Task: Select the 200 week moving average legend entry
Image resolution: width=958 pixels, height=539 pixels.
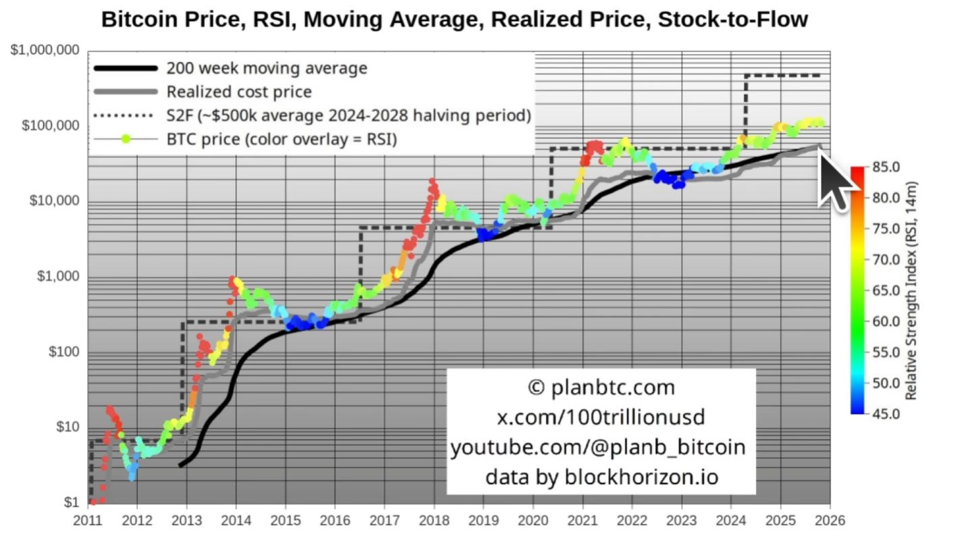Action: pos(266,68)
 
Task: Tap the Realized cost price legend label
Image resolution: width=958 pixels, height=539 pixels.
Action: pos(238,92)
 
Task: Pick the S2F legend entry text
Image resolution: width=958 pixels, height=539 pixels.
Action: pos(348,115)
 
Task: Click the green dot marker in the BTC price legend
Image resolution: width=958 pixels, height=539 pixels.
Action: pos(126,139)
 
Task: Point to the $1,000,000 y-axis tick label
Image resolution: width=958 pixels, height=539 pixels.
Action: pos(45,51)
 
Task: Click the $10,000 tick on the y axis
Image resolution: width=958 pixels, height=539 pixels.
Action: pos(55,201)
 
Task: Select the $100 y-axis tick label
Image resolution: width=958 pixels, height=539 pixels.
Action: pos(64,352)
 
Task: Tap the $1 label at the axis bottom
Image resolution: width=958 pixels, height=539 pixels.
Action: pos(72,503)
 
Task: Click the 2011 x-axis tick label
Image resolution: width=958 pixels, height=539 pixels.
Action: pos(88,521)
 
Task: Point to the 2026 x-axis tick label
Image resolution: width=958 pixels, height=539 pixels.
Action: pos(830,521)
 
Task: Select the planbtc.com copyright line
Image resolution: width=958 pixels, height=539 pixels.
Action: pos(601,388)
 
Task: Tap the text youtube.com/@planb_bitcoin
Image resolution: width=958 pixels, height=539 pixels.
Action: pos(599,447)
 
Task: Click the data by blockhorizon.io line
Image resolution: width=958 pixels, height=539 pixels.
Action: pos(601,477)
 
